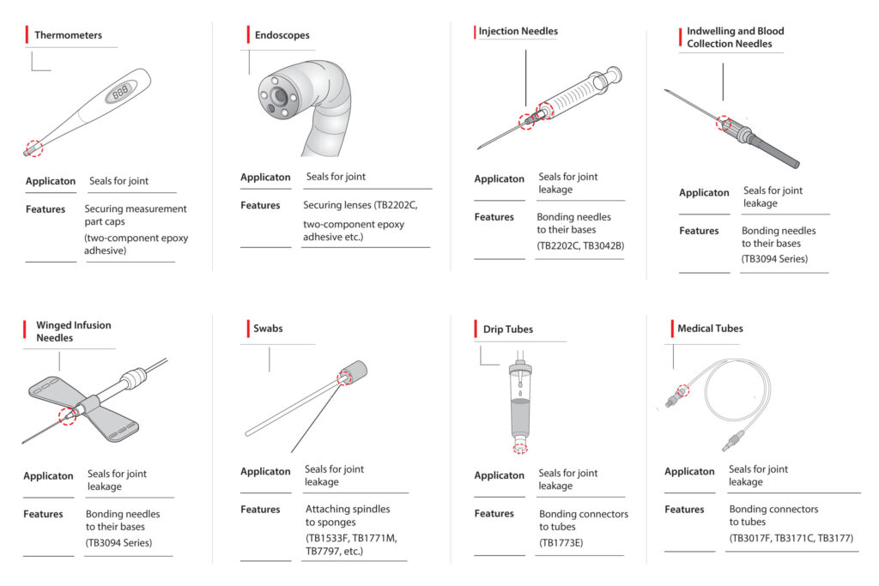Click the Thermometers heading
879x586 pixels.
tap(68, 35)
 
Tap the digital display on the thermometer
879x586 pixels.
tap(121, 92)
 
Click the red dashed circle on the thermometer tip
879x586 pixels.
tap(33, 148)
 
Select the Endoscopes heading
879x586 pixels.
tap(282, 35)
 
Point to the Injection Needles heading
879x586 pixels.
tap(518, 32)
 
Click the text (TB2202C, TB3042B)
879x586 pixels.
tap(580, 245)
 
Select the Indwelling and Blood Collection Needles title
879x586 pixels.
tap(735, 37)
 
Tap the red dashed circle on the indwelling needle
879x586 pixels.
tap(725, 124)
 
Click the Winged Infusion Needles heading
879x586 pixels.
tap(73, 331)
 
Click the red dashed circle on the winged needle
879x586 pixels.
tap(68, 417)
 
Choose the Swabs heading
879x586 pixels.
tap(268, 328)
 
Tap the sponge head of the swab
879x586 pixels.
tap(354, 374)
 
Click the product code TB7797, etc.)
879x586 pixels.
tap(334, 551)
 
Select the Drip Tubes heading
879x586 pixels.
tap(508, 329)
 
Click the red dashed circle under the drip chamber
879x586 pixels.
tap(520, 448)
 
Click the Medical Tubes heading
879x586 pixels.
tap(710, 328)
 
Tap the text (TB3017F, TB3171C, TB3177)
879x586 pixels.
tap(791, 538)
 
